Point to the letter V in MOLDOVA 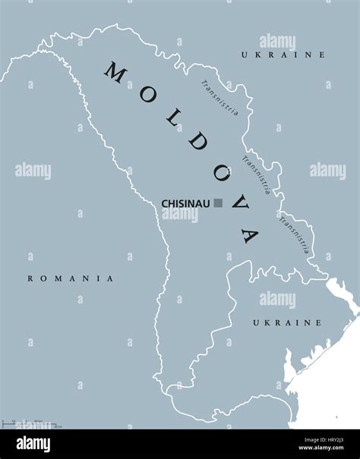[x=230, y=205]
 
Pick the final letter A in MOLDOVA [x=247, y=234]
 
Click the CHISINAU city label [x=186, y=203]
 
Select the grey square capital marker [x=219, y=203]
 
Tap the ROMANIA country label [x=70, y=278]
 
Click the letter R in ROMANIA [x=30, y=278]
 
